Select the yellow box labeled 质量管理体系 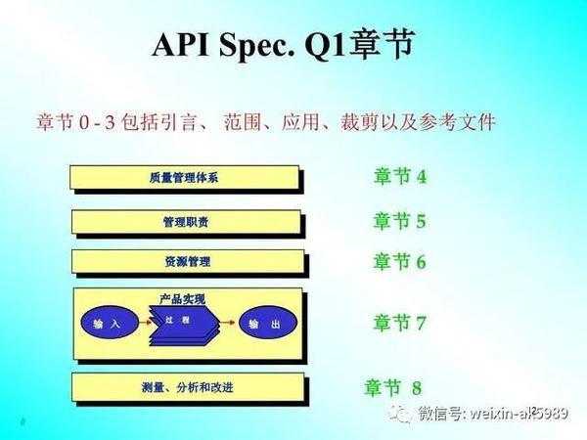click(185, 178)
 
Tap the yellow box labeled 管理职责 click(185, 222)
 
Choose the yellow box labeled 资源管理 click(185, 262)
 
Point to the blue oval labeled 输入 click(107, 323)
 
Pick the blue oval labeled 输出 click(263, 323)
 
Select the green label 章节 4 click(399, 177)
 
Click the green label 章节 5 click(399, 221)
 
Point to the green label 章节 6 click(399, 261)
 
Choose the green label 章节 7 click(399, 323)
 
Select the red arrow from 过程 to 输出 click(224, 322)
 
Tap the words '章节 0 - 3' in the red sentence click(77, 124)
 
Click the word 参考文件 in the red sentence click(461, 124)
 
